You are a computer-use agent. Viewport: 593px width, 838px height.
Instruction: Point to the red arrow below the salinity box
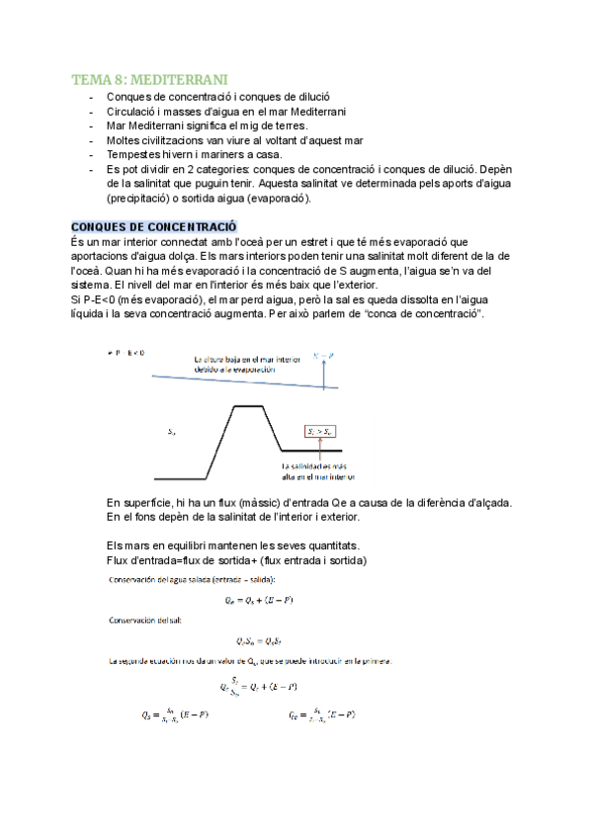[322, 450]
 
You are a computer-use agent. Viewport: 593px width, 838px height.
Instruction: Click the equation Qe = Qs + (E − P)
[259, 600]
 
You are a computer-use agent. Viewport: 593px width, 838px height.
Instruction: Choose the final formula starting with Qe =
[322, 714]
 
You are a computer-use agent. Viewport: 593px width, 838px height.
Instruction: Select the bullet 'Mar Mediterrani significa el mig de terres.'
[207, 126]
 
